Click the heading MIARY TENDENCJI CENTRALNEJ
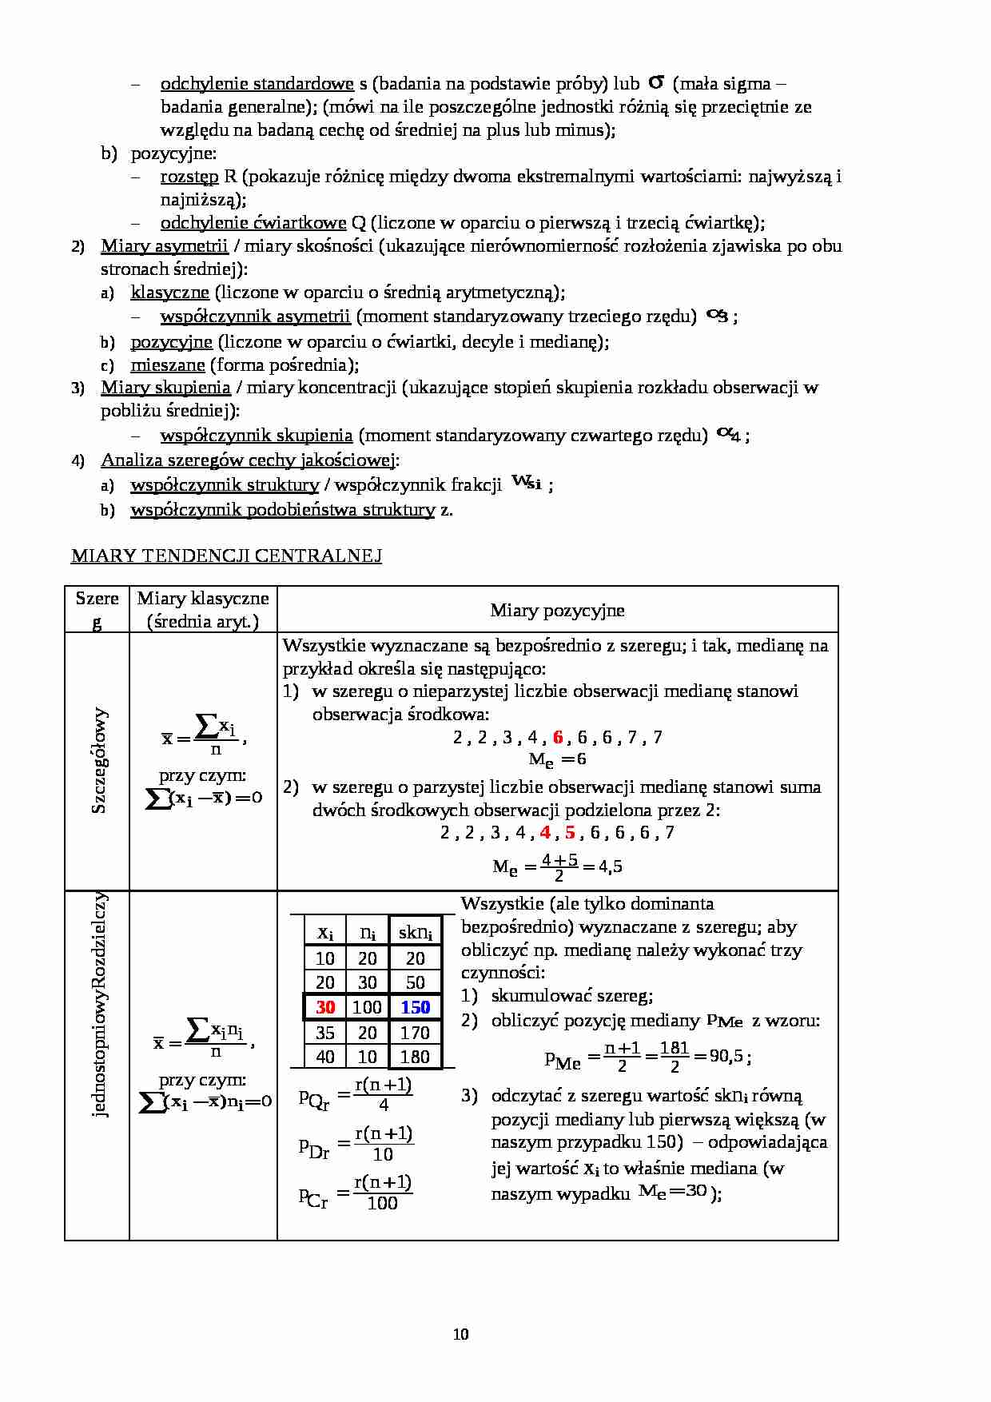(x=226, y=556)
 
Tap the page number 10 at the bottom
(x=460, y=1333)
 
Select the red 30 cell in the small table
(x=325, y=1007)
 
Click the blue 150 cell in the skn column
(x=415, y=1007)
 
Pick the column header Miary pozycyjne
(x=557, y=610)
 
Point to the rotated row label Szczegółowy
(x=99, y=760)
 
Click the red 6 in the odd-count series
(x=558, y=737)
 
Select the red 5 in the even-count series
(x=570, y=832)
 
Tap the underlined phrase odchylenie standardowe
(x=257, y=84)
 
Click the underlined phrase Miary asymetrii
(x=164, y=245)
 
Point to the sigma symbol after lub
(x=656, y=82)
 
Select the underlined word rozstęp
(x=189, y=177)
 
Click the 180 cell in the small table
(x=415, y=1057)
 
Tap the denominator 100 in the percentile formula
(x=382, y=1203)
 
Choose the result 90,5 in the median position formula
(x=726, y=1056)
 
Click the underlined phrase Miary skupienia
(x=165, y=388)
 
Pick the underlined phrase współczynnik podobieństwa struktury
(x=282, y=509)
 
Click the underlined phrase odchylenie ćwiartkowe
(x=253, y=223)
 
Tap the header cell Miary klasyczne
(x=203, y=609)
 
